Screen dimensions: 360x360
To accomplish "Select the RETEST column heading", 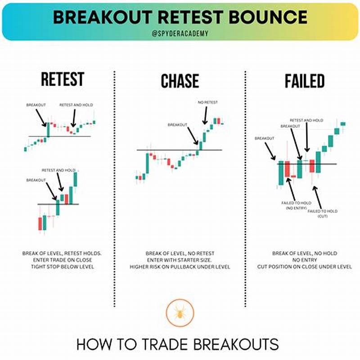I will (62, 80).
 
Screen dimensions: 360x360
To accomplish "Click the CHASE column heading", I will (180, 81).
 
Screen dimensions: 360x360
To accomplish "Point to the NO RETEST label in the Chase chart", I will (207, 103).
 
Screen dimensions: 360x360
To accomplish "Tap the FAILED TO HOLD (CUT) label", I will (323, 213).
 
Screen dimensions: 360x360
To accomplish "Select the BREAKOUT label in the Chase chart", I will (178, 124).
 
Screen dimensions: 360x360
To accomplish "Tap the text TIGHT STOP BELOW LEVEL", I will (62, 267).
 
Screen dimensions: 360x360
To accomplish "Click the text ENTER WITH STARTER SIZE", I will (180, 260).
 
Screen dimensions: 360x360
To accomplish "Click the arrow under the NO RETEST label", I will (205, 115).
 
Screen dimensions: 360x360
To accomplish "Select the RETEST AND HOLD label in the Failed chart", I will (306, 120).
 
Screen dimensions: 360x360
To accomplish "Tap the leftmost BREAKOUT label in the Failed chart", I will (265, 138).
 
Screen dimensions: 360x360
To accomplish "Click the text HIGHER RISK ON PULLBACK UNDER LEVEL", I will (180, 267).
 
